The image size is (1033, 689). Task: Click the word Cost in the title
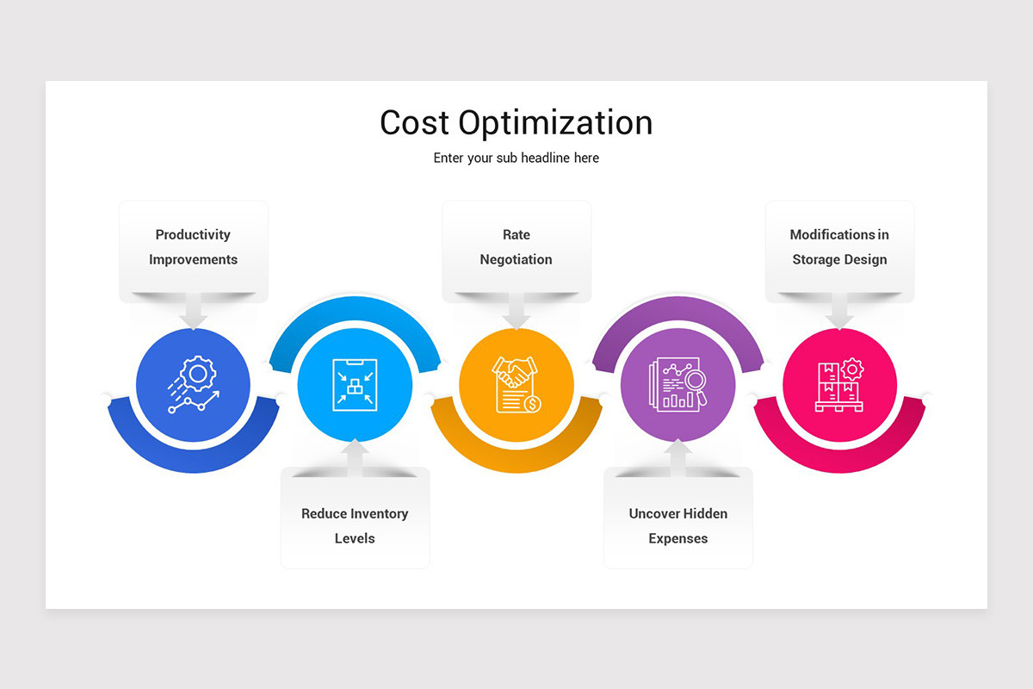coord(415,122)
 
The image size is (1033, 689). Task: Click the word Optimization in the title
coord(555,124)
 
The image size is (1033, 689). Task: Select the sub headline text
coord(516,158)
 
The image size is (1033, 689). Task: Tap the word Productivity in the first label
coord(193,234)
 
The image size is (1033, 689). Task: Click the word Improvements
coord(193,259)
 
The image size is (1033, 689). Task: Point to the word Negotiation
coord(516,259)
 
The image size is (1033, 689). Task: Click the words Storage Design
coord(839,259)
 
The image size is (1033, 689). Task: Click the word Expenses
coord(678,538)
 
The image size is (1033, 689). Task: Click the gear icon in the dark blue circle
coord(199,374)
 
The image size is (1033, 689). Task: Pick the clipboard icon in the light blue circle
coord(355,385)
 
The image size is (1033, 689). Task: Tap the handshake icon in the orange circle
coord(515,373)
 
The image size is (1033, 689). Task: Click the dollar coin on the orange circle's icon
coord(534,403)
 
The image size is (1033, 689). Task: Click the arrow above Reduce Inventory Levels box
coord(355,453)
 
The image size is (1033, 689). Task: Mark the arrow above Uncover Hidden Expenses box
coord(678,453)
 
